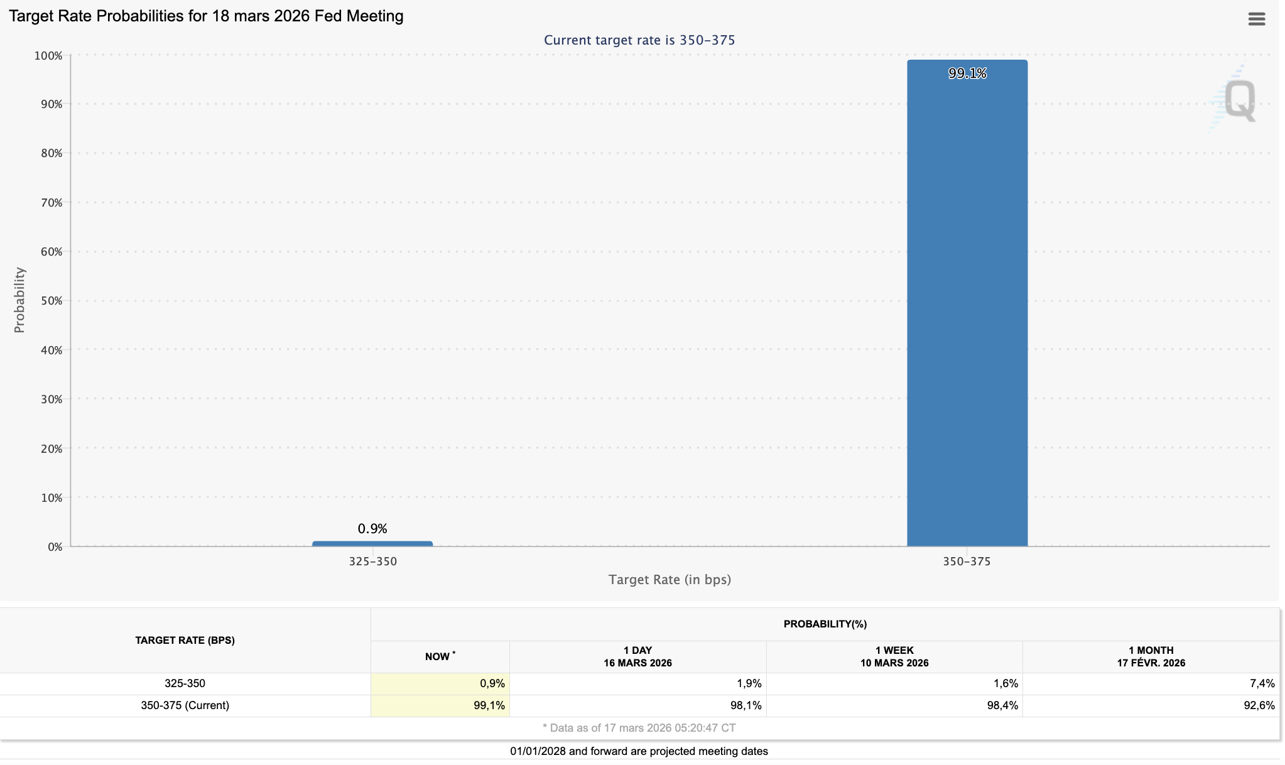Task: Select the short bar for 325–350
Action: pyautogui.click(x=372, y=543)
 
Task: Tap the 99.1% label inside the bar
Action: pyautogui.click(x=967, y=73)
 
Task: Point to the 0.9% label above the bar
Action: pyautogui.click(x=372, y=529)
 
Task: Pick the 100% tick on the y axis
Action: pyautogui.click(x=48, y=56)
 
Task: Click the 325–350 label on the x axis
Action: pyautogui.click(x=373, y=562)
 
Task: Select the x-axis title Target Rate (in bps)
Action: pyautogui.click(x=670, y=580)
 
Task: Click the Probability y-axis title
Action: pyautogui.click(x=19, y=300)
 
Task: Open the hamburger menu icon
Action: pyautogui.click(x=1256, y=19)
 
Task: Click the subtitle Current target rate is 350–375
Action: pyautogui.click(x=639, y=40)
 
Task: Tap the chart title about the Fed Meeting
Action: pyautogui.click(x=206, y=16)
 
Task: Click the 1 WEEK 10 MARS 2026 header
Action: pyautogui.click(x=894, y=656)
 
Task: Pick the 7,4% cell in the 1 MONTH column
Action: pyautogui.click(x=1262, y=683)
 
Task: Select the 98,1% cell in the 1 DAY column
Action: pyautogui.click(x=746, y=705)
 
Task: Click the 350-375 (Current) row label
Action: pyautogui.click(x=185, y=705)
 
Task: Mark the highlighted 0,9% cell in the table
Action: pyautogui.click(x=492, y=683)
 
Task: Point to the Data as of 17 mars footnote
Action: pyautogui.click(x=639, y=728)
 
